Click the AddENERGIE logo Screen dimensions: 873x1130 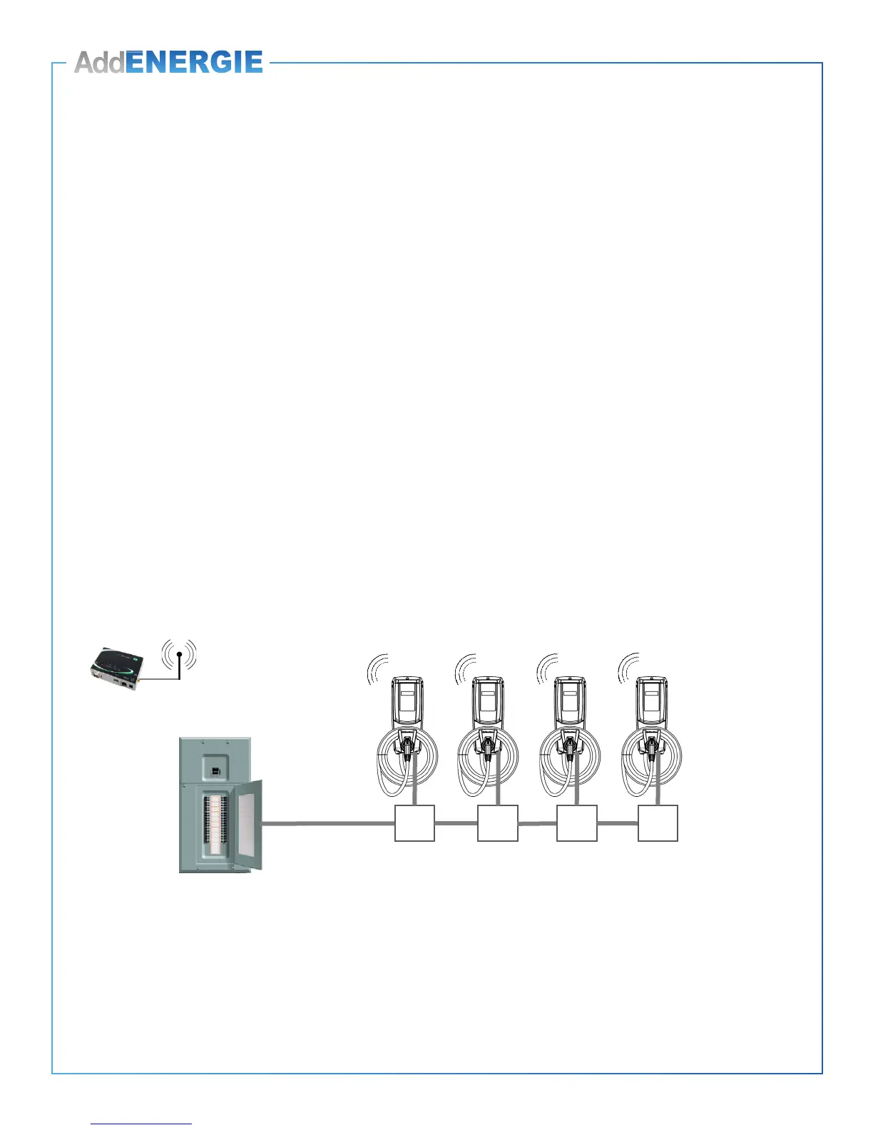169,62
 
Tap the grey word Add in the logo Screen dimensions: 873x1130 99,63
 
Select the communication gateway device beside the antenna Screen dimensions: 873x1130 116,666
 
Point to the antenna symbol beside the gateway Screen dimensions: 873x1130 179,658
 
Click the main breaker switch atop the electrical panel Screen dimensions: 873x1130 214,770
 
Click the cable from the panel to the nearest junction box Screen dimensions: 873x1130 328,823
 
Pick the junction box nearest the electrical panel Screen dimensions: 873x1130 414,823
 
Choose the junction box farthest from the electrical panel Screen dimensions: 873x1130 658,823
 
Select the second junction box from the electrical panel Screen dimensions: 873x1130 497,823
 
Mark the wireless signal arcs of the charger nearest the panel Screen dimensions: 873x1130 377,668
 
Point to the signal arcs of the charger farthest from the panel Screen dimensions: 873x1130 628,668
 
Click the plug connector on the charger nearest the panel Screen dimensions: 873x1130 407,747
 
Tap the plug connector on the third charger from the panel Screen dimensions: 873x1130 569,747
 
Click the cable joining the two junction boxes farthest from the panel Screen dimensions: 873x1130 617,823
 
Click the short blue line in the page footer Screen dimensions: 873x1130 141,1124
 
